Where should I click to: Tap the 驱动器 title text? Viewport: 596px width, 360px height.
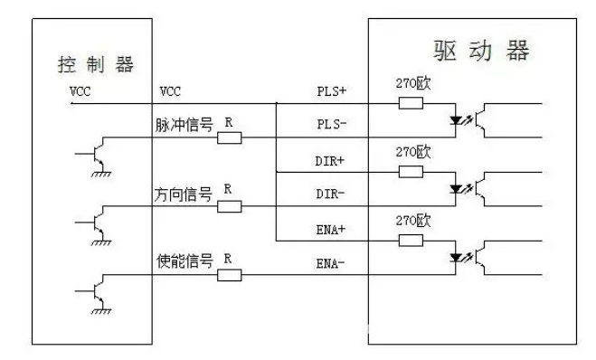tap(477, 50)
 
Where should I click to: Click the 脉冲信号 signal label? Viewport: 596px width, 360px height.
tap(184, 126)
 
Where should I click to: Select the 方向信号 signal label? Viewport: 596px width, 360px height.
tap(184, 194)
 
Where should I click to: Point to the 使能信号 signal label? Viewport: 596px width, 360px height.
tap(184, 262)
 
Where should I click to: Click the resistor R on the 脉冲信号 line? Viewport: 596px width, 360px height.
tap(230, 138)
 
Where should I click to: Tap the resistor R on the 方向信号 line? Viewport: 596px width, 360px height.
tap(230, 206)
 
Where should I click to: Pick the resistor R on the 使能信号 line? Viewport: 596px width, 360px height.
tap(230, 275)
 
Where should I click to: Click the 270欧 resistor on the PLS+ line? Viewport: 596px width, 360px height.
tap(411, 103)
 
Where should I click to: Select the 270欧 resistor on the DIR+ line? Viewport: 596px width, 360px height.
tap(411, 172)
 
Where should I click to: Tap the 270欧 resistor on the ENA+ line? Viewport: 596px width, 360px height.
tap(411, 241)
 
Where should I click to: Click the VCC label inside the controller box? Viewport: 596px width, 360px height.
tap(80, 91)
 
